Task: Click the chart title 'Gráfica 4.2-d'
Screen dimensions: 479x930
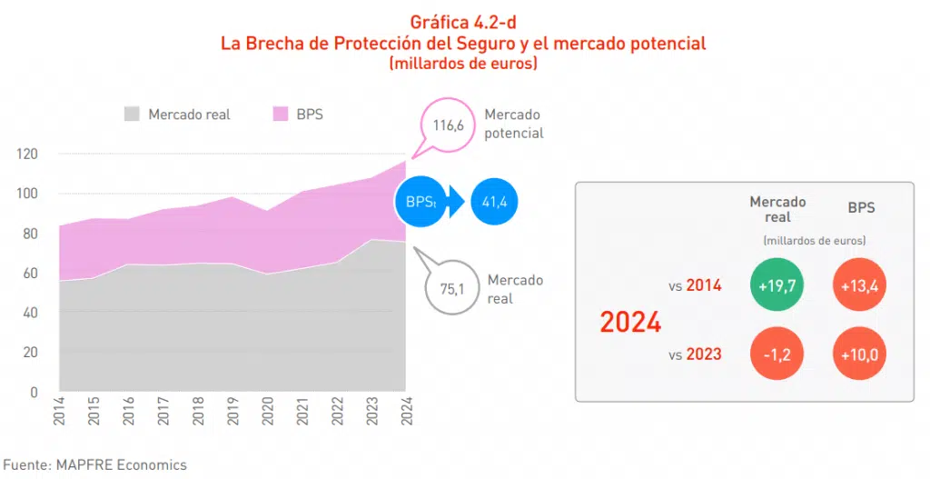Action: coord(464,23)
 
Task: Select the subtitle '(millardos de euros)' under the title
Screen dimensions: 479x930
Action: coord(464,64)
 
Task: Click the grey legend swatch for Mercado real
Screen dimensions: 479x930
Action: coord(132,114)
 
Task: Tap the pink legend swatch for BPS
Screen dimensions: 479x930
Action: coord(280,114)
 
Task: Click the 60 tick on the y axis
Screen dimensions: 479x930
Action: coord(30,273)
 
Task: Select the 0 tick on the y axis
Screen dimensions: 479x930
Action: coord(34,393)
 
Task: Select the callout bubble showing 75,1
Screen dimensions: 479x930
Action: coord(452,289)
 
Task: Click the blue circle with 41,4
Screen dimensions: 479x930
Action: coord(494,202)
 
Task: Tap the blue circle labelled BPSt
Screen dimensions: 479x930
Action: coord(420,202)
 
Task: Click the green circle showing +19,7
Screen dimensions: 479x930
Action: coord(777,285)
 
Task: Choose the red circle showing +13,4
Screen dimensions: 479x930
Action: coord(860,285)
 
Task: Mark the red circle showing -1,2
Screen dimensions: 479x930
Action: coord(777,353)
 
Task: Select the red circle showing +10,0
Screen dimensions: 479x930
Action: coord(860,353)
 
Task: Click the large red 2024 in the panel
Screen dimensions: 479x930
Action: coord(630,322)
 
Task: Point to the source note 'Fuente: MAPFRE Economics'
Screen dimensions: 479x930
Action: coord(94,464)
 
